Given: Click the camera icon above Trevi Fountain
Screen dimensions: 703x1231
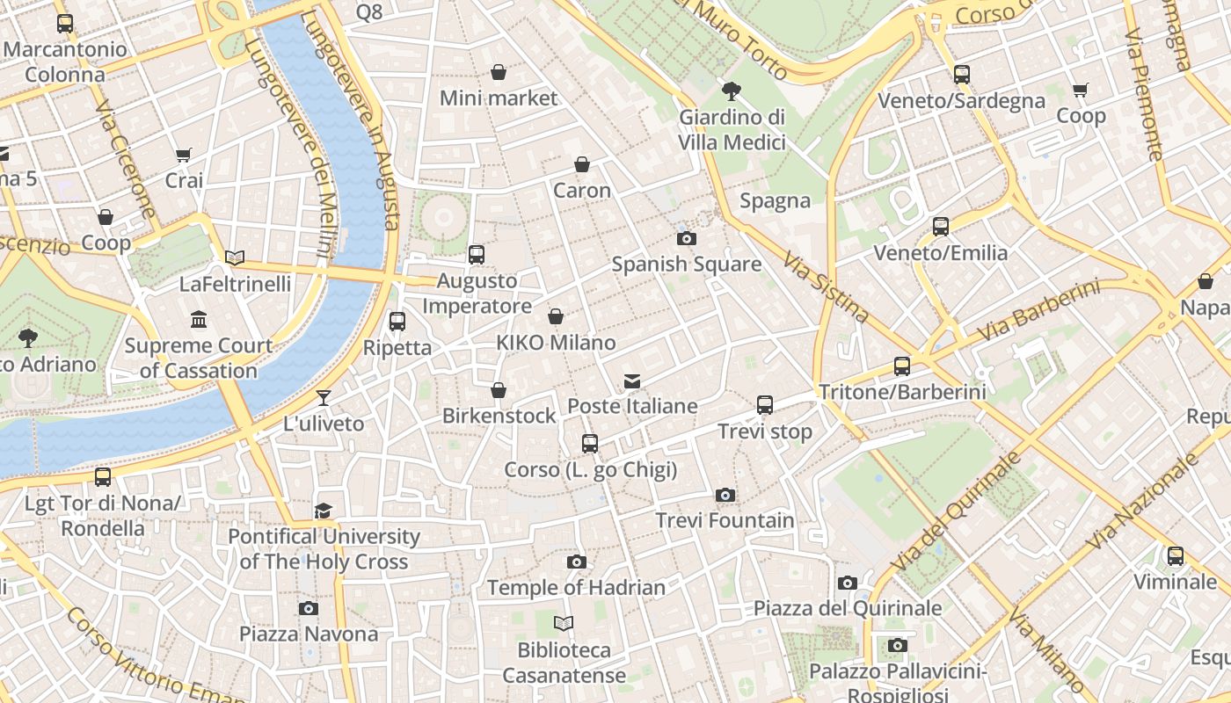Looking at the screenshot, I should click(725, 495).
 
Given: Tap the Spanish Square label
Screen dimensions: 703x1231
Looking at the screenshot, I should click(686, 264).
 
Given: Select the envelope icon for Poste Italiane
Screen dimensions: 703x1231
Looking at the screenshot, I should click(631, 380).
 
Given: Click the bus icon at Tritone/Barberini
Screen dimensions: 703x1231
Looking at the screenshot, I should click(901, 366).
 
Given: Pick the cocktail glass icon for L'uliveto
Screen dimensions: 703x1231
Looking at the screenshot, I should click(323, 398).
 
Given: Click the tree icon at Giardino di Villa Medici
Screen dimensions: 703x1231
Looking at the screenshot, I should click(731, 91).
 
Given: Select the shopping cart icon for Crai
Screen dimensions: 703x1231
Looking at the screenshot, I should click(183, 156).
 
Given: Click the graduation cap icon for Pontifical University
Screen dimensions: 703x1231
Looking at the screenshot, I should click(323, 511).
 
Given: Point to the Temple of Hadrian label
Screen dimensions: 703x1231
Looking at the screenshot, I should click(576, 587).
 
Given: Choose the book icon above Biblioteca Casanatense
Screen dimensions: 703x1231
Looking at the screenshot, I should click(564, 623).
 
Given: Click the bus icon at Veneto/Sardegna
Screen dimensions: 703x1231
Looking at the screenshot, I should click(961, 75).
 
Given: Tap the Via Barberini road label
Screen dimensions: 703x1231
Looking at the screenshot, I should click(1040, 313).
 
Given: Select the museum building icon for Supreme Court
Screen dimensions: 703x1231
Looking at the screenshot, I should click(199, 319).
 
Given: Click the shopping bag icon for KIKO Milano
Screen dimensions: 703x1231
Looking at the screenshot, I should click(556, 316).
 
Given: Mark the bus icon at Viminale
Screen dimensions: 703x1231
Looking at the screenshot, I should click(1175, 555).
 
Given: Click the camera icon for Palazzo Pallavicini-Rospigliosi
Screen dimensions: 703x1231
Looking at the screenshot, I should click(897, 646).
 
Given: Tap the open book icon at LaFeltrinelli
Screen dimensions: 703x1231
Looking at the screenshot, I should click(234, 257).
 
